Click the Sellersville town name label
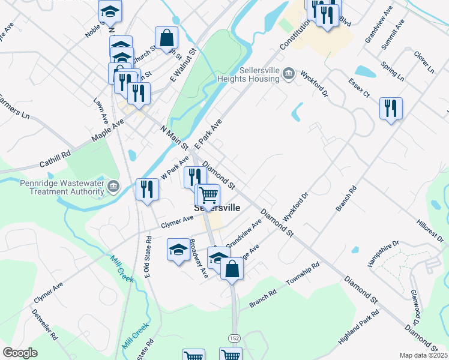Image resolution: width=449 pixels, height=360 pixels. point(217,208)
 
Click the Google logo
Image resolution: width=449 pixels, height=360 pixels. point(20,353)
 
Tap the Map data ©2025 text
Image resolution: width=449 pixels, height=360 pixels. point(423,355)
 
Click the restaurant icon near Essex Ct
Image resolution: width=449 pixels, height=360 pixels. point(391,109)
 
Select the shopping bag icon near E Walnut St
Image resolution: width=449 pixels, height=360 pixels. point(166,37)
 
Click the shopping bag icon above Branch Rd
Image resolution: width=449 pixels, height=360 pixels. point(232,268)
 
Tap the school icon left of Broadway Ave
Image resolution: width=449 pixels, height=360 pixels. point(178,250)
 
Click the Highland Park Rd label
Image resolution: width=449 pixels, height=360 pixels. point(359,327)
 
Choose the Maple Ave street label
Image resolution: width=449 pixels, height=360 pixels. point(107,130)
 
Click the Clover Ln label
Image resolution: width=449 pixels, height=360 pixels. point(424,62)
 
